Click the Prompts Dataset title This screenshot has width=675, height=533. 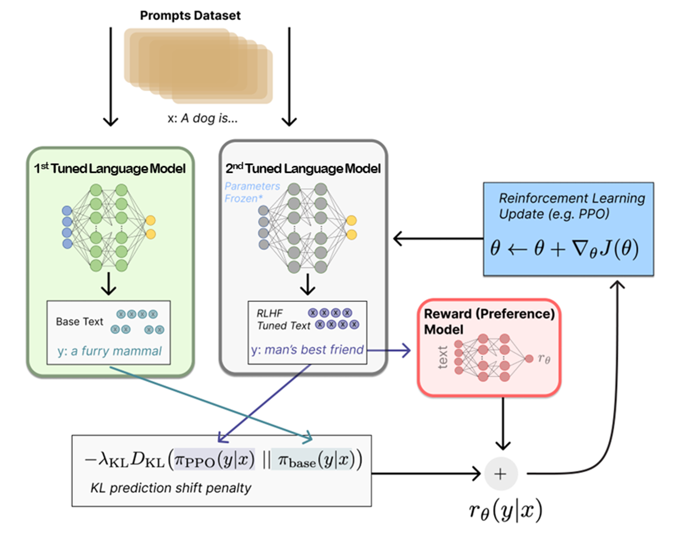click(190, 15)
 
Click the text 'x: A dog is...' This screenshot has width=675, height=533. click(202, 118)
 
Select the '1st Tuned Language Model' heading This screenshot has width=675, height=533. click(110, 169)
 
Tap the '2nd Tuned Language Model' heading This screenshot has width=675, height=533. click(303, 169)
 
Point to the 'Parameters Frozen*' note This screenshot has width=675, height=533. click(252, 192)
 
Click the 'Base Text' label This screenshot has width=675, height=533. click(79, 321)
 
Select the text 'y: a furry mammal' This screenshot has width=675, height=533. click(109, 351)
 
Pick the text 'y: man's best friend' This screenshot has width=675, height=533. click(308, 350)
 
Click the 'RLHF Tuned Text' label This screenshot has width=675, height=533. click(283, 319)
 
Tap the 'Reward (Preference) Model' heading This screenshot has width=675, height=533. click(489, 321)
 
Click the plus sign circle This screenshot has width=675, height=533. click(500, 474)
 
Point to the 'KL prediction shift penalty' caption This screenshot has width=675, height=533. click(171, 488)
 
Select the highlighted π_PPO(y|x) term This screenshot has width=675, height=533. click(214, 459)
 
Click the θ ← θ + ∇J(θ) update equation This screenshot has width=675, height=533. click(565, 249)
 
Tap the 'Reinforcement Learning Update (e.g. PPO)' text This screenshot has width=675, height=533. click(571, 206)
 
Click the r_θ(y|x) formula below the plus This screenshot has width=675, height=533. click(505, 511)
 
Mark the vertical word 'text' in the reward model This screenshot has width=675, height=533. click(443, 358)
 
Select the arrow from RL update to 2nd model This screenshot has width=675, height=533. click(439, 238)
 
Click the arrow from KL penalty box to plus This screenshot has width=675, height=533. click(426, 473)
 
